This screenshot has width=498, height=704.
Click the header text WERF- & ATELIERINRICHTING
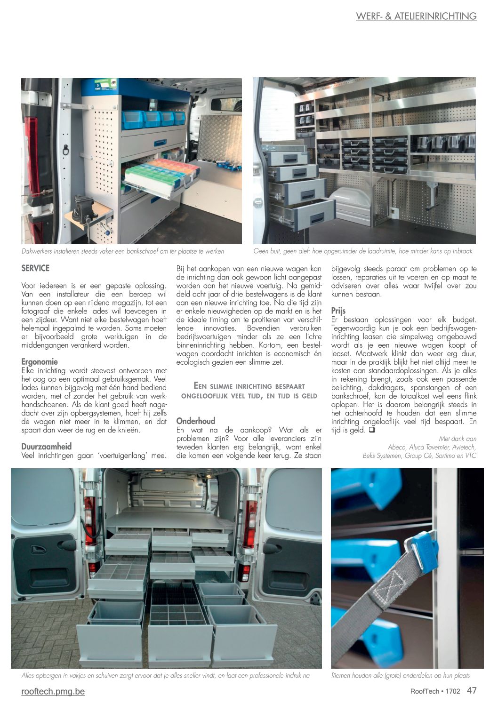[416, 16]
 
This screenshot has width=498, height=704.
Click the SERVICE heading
[35, 268]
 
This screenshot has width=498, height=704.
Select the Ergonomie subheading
[40, 361]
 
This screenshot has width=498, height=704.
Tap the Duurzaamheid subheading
[47, 446]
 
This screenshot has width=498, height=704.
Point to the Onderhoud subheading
[195, 421]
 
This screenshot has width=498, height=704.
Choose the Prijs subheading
[338, 311]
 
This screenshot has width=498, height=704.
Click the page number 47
[472, 690]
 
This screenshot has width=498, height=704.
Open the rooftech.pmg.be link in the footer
[53, 691]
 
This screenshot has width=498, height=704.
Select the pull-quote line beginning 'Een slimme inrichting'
[249, 386]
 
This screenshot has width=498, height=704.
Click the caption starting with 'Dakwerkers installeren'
[122, 251]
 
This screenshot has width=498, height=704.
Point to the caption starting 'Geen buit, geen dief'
[362, 251]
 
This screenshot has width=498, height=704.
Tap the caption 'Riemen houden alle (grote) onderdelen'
[401, 675]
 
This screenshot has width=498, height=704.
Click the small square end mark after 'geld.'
[371, 430]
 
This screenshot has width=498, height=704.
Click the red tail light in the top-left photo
[32, 155]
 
